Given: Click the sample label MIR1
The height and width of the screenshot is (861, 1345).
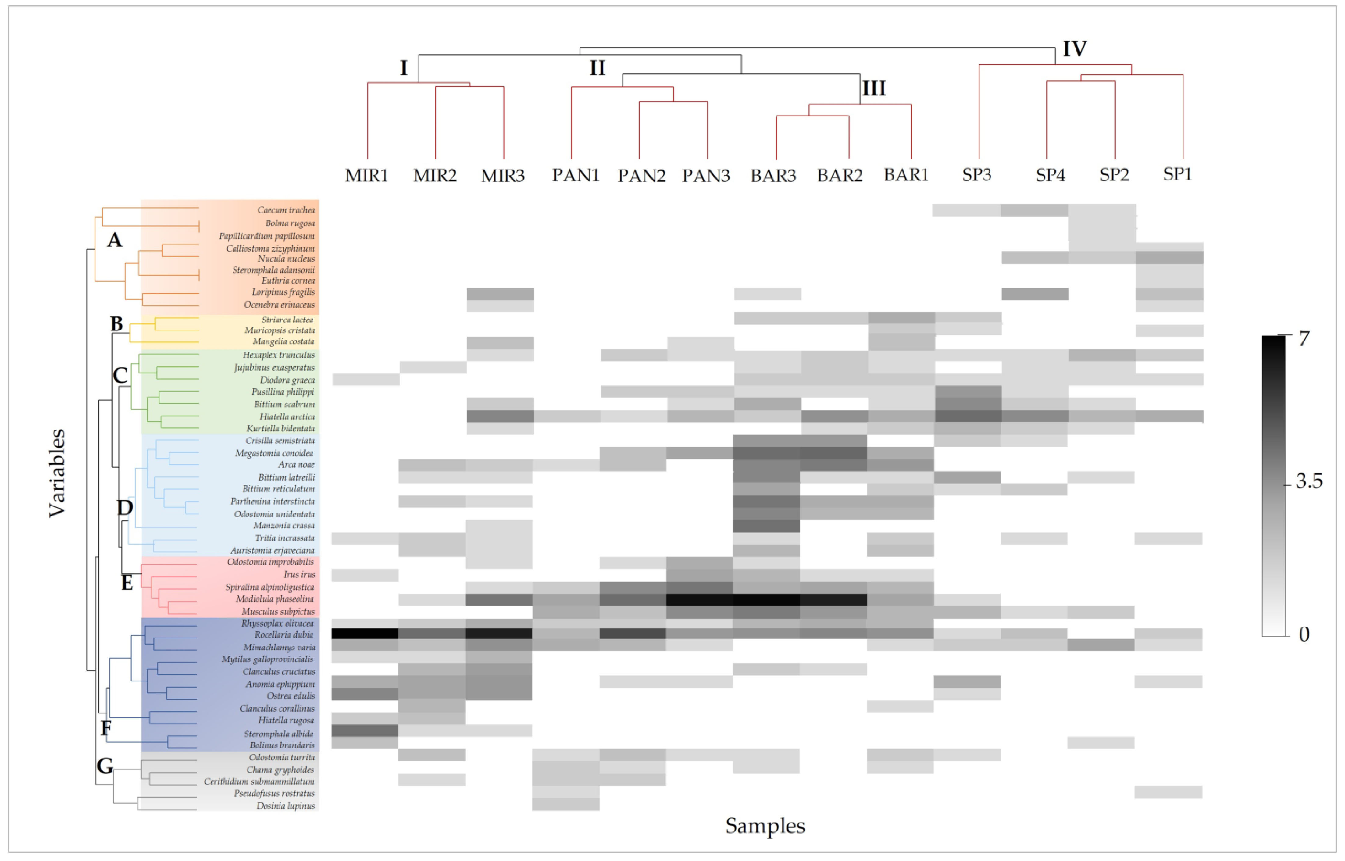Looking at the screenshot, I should (x=366, y=176).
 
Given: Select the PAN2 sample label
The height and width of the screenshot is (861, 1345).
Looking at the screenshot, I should (x=641, y=176).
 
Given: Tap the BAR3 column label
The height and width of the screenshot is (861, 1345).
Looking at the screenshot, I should (x=773, y=176).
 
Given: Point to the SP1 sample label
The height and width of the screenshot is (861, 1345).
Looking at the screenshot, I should (x=1177, y=174).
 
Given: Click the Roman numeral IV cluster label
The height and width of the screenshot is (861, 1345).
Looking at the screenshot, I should (x=1074, y=49).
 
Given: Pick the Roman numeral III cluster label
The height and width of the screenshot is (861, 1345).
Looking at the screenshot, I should (x=874, y=88).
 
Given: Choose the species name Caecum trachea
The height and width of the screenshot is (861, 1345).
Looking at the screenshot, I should (x=286, y=210).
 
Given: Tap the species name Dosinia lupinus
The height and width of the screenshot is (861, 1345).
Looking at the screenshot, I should (x=286, y=806).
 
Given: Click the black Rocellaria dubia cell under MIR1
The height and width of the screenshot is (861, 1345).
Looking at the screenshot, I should (x=365, y=634).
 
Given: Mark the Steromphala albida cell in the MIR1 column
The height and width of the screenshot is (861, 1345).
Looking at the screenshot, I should (x=365, y=731).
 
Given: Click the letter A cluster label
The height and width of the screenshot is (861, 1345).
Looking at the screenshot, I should (x=115, y=241).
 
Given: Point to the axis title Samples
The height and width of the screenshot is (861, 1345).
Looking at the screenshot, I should (x=765, y=826).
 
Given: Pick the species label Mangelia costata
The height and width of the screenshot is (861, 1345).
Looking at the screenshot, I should (x=284, y=341).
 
